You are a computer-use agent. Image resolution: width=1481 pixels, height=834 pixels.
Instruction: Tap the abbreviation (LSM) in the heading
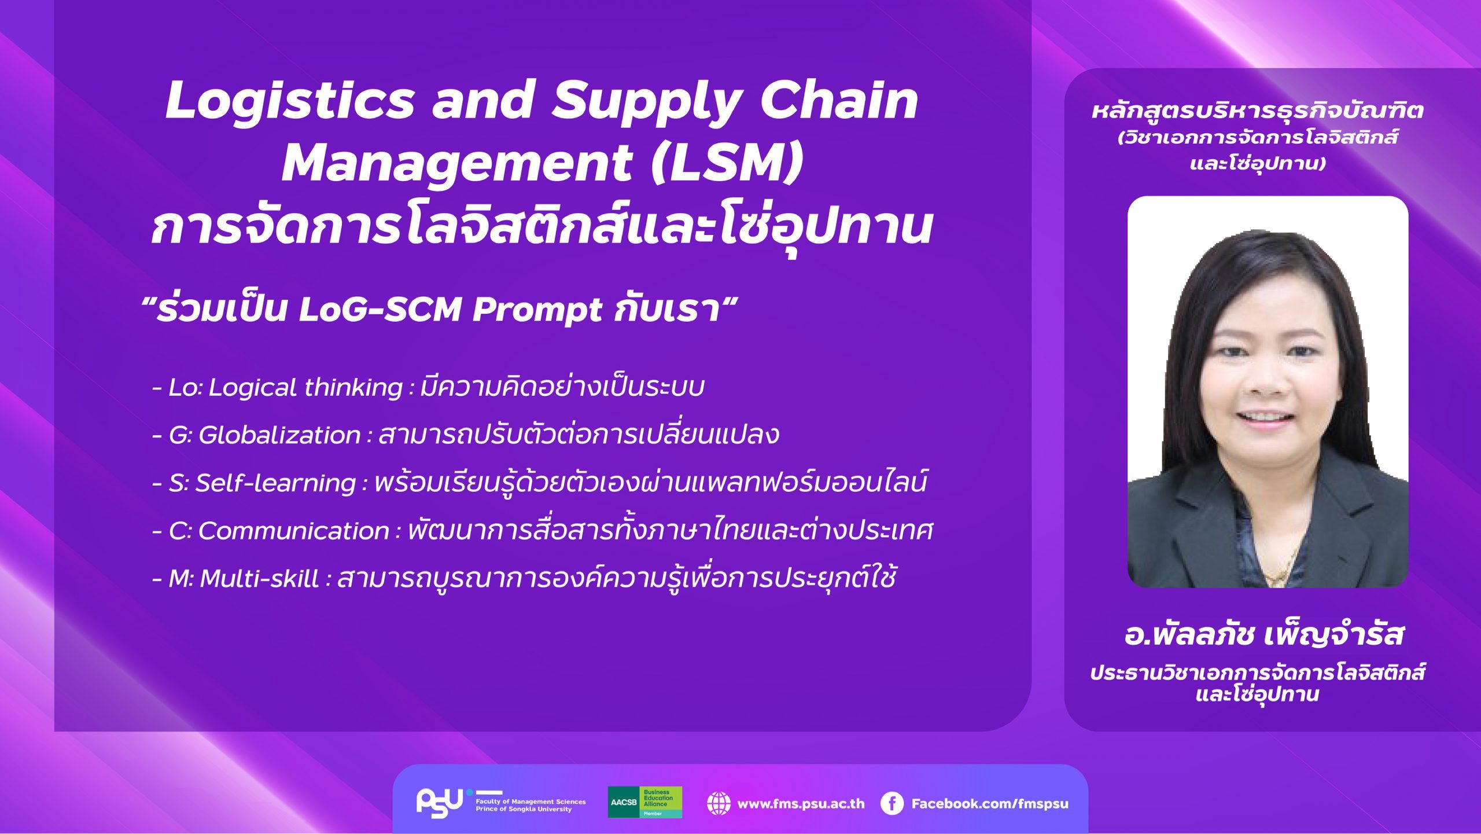(728, 163)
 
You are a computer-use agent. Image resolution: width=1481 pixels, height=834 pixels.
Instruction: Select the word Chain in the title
(839, 100)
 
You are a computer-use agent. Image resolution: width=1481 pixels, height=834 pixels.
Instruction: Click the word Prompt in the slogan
(538, 310)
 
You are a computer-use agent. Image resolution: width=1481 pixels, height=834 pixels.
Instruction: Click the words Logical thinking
(305, 388)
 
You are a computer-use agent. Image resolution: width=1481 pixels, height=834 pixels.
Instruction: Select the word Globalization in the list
(279, 435)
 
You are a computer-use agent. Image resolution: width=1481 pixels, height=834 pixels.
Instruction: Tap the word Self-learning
(275, 483)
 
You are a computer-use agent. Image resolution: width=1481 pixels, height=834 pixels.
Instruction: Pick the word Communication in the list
(293, 531)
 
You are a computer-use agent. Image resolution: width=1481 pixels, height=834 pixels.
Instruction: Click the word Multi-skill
(259, 578)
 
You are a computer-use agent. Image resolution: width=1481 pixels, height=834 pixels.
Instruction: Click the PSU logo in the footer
(440, 803)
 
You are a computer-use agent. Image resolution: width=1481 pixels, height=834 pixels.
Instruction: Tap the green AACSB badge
(644, 802)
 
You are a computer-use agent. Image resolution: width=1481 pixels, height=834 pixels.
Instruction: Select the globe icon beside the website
(719, 804)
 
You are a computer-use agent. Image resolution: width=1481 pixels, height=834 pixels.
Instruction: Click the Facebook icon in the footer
(891, 804)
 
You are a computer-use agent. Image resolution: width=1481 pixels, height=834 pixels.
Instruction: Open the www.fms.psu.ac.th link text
(801, 804)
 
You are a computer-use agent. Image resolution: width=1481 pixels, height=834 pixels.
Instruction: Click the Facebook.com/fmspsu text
(990, 804)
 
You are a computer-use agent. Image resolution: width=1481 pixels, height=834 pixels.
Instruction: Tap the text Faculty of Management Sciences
(530, 802)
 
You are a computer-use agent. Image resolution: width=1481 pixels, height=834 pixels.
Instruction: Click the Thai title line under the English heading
(541, 226)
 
